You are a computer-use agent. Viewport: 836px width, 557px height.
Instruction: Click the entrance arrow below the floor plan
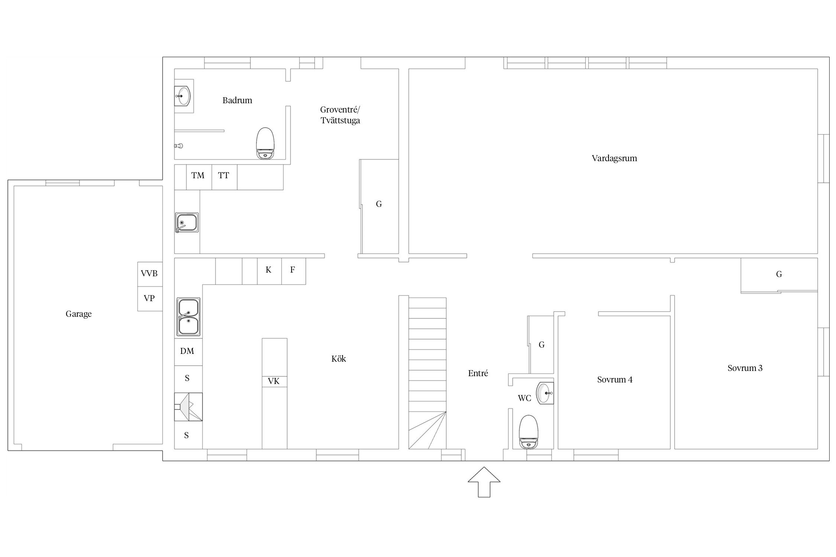click(x=484, y=482)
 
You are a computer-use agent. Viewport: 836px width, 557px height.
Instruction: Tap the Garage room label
click(x=78, y=314)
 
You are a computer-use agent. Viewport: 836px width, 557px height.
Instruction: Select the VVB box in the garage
click(x=150, y=274)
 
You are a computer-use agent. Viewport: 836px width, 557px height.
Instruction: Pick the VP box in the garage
click(x=150, y=299)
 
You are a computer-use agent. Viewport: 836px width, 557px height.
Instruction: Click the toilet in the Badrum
click(x=265, y=143)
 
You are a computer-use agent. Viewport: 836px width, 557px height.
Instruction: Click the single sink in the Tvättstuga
click(x=187, y=223)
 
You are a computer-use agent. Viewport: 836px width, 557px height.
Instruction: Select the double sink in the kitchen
click(x=188, y=317)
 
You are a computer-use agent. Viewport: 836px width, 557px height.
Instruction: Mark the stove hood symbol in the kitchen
click(x=188, y=407)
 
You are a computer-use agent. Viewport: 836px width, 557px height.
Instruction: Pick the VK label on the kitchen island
click(x=274, y=381)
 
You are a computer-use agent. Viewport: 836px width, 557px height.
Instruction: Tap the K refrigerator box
click(x=269, y=271)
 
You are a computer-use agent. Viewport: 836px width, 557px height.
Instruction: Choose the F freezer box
click(x=294, y=271)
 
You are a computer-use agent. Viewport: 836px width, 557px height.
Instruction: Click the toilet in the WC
click(x=528, y=432)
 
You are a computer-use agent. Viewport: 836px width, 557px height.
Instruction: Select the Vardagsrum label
click(x=614, y=159)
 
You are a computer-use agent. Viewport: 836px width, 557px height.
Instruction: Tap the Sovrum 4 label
click(x=615, y=380)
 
